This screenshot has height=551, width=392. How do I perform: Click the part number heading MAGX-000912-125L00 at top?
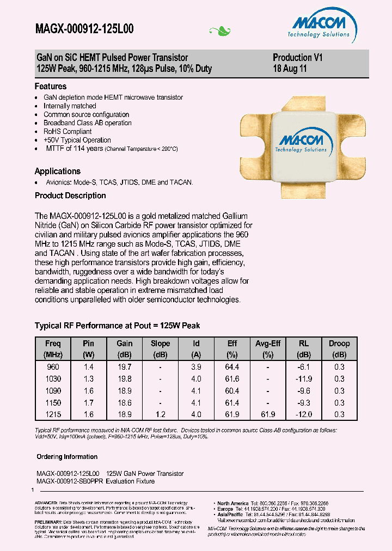(x=84, y=29)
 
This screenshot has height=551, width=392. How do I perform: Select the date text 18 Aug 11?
(x=290, y=69)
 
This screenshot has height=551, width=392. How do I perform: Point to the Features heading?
(x=51, y=86)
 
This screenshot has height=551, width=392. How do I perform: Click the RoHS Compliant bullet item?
(x=68, y=131)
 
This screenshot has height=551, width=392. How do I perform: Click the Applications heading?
(x=57, y=171)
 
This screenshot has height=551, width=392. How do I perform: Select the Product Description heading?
(x=70, y=195)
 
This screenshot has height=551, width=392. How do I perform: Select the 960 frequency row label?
(x=54, y=366)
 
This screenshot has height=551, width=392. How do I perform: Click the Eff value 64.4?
(x=232, y=366)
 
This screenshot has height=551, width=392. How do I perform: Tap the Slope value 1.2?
(x=160, y=414)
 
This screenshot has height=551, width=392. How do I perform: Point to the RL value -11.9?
(x=304, y=378)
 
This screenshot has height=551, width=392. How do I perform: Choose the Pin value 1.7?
(x=88, y=402)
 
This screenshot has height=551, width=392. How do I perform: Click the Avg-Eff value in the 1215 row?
(x=268, y=414)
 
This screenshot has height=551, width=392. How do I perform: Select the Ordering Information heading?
(x=67, y=457)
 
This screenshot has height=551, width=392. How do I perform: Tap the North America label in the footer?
(x=232, y=503)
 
